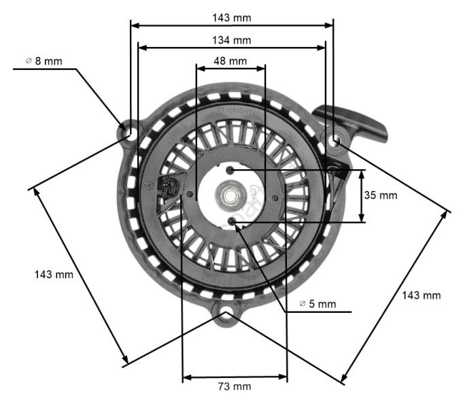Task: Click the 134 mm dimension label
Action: (x=232, y=40)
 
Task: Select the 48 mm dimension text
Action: (x=230, y=61)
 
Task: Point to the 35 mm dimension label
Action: (x=380, y=195)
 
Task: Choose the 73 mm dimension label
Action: (x=234, y=386)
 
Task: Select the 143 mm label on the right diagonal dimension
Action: (x=421, y=295)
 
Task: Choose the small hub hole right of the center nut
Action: (x=275, y=197)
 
